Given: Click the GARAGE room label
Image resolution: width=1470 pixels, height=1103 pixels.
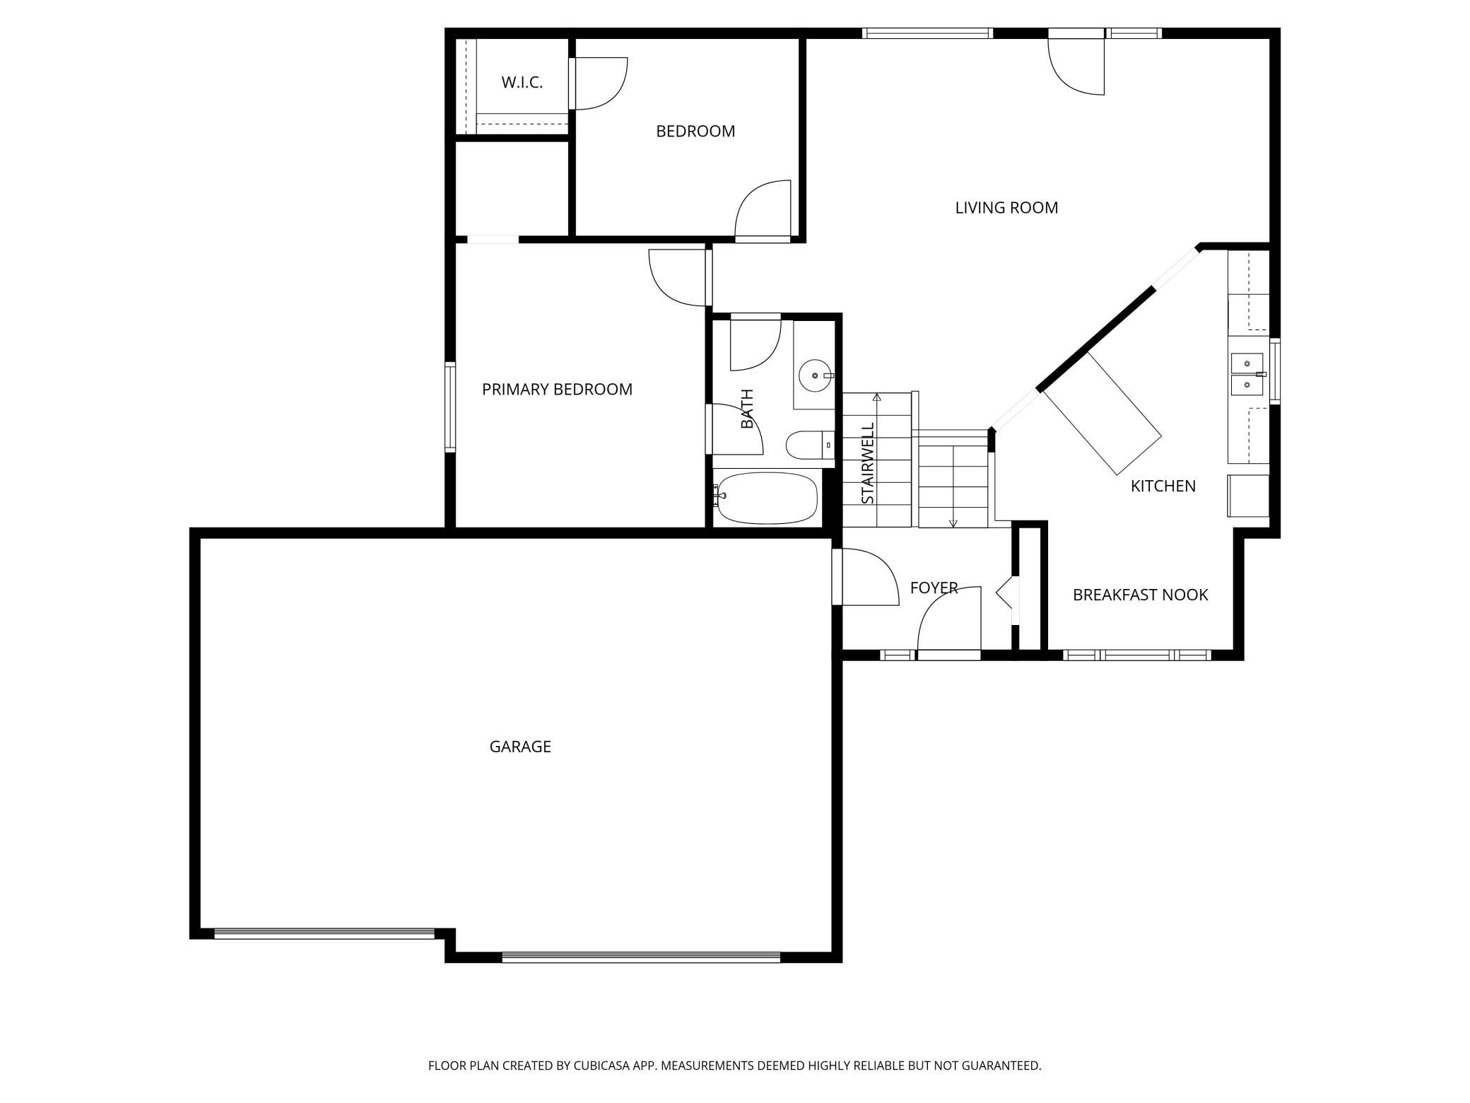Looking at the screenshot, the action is pos(520,747).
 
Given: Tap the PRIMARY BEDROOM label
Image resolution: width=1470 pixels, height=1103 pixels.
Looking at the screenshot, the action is pos(557,389).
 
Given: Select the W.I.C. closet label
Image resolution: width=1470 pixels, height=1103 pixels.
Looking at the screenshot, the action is pos(522,82).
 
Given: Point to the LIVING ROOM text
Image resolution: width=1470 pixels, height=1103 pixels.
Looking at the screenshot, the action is pos(1006,208).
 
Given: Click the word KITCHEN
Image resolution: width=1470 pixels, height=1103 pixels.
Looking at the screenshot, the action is pos(1163,486).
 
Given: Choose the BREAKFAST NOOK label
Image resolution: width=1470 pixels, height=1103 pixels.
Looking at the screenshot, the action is pos(1141,595).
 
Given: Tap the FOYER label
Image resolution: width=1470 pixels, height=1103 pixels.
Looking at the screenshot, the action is pos(934,588).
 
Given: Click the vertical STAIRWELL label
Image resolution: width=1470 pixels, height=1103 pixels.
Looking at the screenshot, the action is pos(868,463).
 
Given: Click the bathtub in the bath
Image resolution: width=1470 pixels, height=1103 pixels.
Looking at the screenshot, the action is pos(766,498).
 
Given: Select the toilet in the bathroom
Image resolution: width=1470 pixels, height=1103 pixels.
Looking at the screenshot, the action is pos(810,445).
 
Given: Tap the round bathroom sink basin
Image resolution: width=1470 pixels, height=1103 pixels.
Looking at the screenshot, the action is pos(816,375).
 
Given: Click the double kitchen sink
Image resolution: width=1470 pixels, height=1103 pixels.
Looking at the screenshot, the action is pos(1248,374).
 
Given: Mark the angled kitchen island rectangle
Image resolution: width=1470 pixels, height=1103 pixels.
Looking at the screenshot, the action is pos(1102,414).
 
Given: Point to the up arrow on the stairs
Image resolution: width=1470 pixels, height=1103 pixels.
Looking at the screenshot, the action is pos(877,460).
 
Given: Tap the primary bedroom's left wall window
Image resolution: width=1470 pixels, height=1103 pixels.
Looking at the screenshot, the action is pos(450,407).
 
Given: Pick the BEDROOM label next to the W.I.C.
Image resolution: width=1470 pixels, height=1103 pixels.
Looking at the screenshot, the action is pos(695,132).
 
